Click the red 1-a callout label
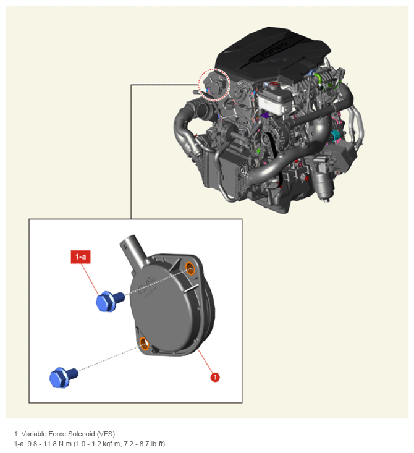tap(80, 256)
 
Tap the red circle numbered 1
tap(214, 377)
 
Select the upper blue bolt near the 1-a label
tap(110, 301)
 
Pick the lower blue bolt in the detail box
tap(63, 377)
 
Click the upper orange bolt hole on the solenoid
tap(190, 268)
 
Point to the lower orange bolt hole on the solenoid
tap(144, 343)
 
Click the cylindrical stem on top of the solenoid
tap(133, 250)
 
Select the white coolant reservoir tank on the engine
tap(273, 100)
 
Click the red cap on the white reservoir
tap(273, 85)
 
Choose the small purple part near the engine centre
tap(265, 116)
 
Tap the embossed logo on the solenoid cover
tap(148, 284)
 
